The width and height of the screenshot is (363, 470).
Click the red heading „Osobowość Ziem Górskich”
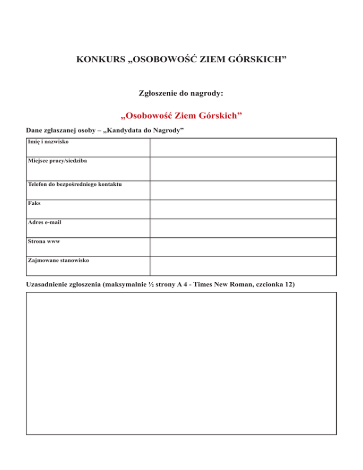(x=182, y=115)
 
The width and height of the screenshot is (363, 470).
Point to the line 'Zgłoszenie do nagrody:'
(x=181, y=93)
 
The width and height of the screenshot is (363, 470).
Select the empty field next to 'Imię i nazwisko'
(x=243, y=148)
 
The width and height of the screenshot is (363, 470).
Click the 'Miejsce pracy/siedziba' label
(x=57, y=161)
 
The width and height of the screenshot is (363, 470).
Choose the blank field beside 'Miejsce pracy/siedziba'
(x=243, y=168)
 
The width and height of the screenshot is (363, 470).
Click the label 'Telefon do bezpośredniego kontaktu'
(x=75, y=184)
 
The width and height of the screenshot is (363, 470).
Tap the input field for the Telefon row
(x=243, y=190)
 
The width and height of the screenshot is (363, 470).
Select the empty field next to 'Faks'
(x=243, y=209)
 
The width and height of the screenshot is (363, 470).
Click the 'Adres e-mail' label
(x=44, y=222)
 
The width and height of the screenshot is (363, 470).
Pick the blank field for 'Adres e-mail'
(x=243, y=228)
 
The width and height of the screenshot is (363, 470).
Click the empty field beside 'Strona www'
(x=243, y=247)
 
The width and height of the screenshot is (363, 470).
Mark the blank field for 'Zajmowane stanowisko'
(x=243, y=266)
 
